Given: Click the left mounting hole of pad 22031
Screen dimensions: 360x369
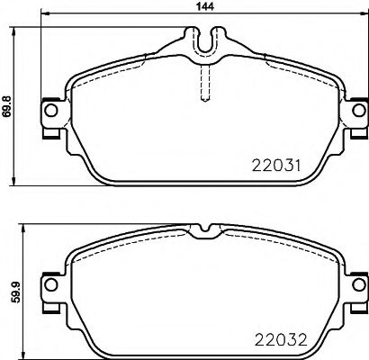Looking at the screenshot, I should click(51, 111).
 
